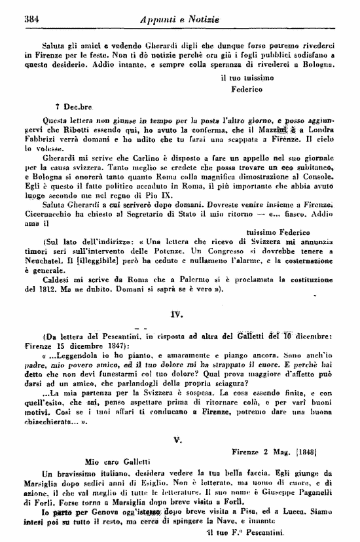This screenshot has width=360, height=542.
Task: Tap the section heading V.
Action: pos(177,422)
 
